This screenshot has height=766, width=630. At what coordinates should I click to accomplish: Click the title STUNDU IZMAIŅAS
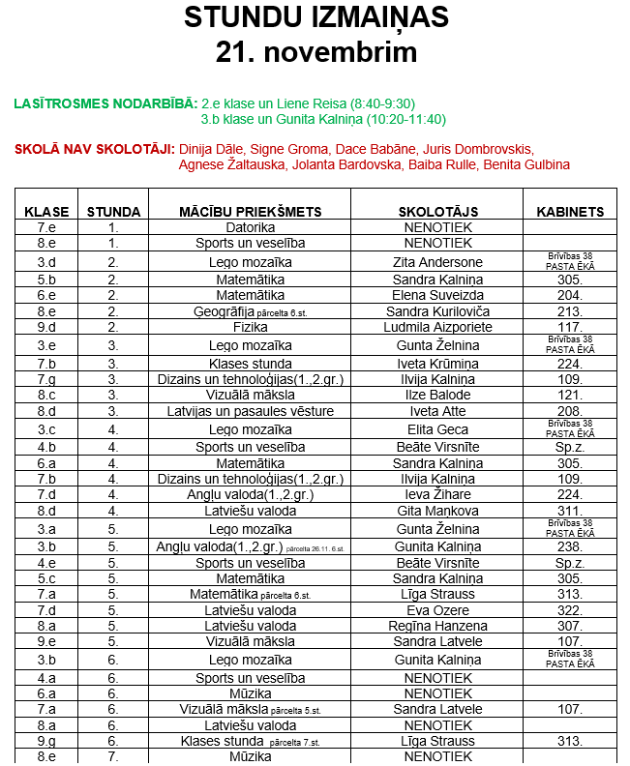tap(315, 17)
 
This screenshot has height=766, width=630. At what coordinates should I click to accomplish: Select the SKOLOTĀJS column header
tap(437, 212)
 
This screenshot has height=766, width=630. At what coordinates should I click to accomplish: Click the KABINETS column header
tap(570, 212)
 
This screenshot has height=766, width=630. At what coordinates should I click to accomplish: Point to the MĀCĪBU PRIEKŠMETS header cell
tap(250, 212)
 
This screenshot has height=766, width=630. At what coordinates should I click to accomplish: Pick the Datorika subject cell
tap(250, 227)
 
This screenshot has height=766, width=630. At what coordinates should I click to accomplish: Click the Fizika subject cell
tap(250, 327)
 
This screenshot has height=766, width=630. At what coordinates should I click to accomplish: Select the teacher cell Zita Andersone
tap(437, 262)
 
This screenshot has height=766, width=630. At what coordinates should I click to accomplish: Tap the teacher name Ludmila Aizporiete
tap(437, 327)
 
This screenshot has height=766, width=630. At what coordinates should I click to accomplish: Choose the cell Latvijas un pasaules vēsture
tap(250, 411)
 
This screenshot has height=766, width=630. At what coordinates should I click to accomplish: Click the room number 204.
tap(570, 295)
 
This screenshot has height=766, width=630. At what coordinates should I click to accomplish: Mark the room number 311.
tap(570, 511)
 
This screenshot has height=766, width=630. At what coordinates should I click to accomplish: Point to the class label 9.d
tap(46, 327)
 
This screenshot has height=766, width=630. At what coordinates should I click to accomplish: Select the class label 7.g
tap(46, 379)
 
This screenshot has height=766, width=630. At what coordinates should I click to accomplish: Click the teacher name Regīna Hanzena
tap(437, 626)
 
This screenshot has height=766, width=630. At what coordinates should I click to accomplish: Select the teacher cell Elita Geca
tap(437, 429)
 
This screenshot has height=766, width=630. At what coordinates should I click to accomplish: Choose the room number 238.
tap(570, 546)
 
